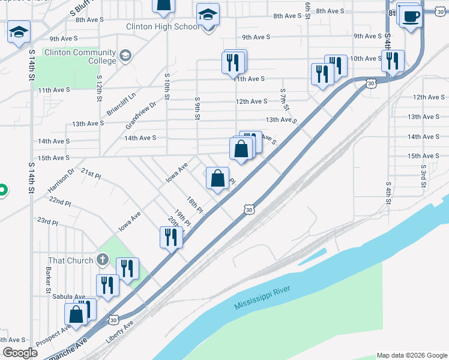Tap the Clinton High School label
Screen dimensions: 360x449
[163, 26]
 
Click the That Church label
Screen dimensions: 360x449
[71, 260]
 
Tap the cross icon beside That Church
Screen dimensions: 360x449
[103, 260]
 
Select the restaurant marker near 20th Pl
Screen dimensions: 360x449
[170, 238]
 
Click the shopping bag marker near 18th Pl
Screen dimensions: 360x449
[217, 178]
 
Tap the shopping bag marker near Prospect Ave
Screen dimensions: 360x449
[76, 314]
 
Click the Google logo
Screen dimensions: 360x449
[20, 353]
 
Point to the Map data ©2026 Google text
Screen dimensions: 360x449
[411, 355]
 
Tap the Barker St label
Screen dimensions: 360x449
[47, 280]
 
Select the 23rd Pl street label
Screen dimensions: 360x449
[47, 221]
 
